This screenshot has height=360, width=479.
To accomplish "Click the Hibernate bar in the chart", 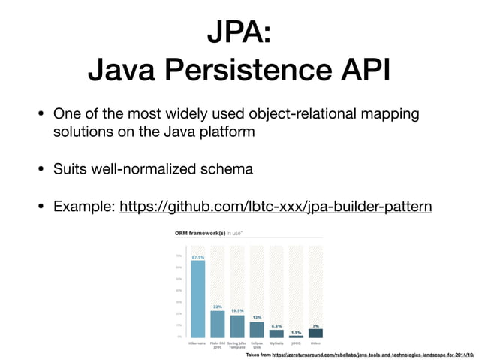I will (198, 299).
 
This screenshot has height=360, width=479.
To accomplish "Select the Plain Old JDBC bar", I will (218, 324).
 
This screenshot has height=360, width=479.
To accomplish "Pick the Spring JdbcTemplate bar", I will (237, 326).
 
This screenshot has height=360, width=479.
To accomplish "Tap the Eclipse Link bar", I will (257, 330).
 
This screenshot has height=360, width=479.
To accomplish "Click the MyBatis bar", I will (276, 334).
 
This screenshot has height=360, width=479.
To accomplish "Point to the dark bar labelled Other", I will (315, 333).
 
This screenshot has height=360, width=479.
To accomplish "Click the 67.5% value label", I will (198, 256).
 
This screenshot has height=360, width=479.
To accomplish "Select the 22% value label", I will (218, 307).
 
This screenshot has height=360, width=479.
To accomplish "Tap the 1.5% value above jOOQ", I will (296, 331).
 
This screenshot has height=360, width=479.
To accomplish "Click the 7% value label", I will (315, 325).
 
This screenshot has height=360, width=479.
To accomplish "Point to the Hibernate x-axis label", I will (198, 342).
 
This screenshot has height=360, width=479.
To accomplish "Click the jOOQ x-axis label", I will (296, 342).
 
